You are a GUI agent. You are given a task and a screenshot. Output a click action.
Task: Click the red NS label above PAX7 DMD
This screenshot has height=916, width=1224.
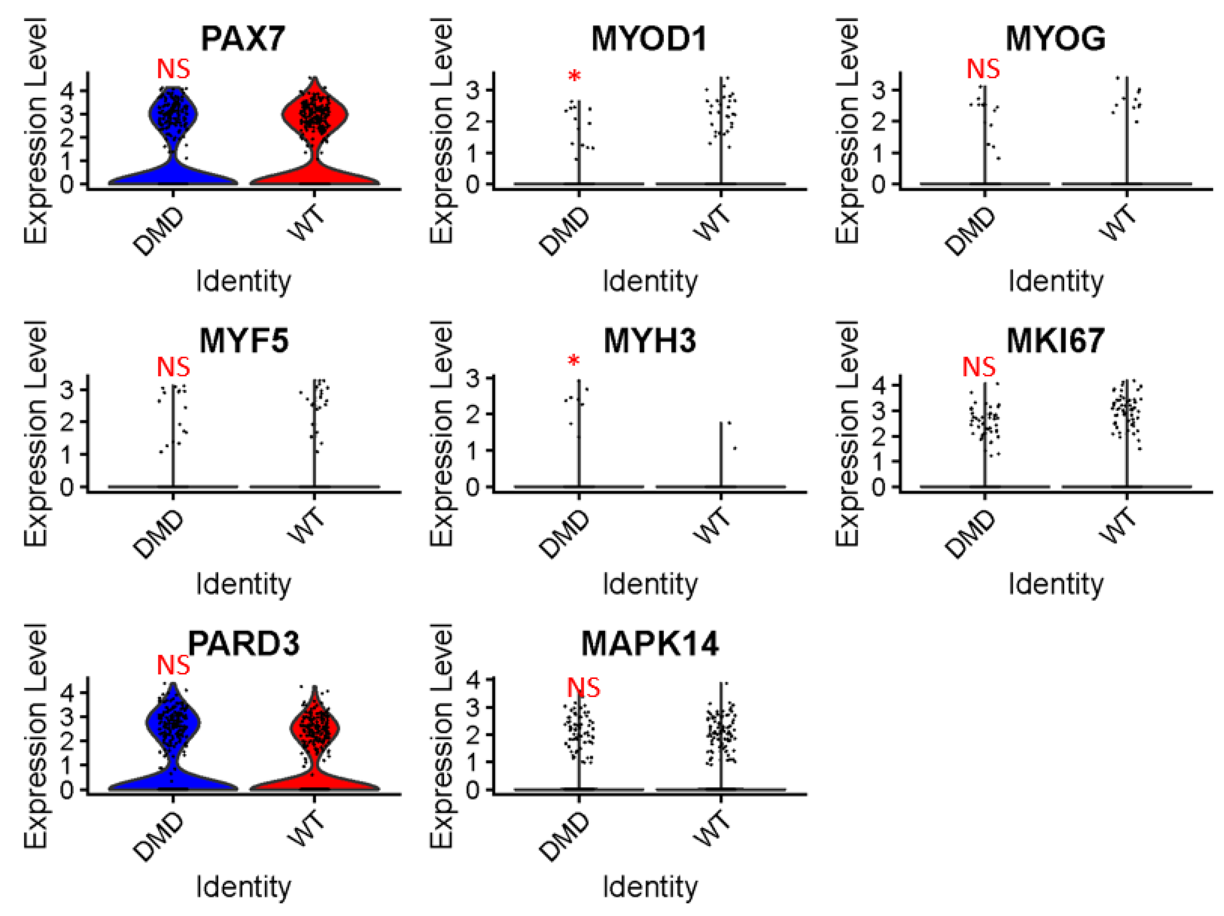coord(173,70)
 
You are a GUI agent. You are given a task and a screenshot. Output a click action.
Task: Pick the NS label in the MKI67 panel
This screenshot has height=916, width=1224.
coord(978,367)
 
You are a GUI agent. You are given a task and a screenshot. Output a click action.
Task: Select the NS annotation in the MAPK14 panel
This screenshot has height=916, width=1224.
coord(583,688)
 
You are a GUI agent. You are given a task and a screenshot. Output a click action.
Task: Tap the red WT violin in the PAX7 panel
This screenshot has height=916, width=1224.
coord(314,116)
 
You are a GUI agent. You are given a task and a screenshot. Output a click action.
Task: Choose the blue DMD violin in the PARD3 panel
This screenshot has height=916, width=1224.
coord(173,722)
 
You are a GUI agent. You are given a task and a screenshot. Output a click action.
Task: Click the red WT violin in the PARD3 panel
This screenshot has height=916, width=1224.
coord(314,728)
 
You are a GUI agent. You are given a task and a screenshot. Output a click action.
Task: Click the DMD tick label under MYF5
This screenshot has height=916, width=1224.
coord(159,534)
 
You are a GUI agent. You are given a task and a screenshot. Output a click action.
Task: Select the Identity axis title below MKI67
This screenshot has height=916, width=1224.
coord(1055,584)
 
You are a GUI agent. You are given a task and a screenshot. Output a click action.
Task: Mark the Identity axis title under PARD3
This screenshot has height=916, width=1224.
coord(243,887)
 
